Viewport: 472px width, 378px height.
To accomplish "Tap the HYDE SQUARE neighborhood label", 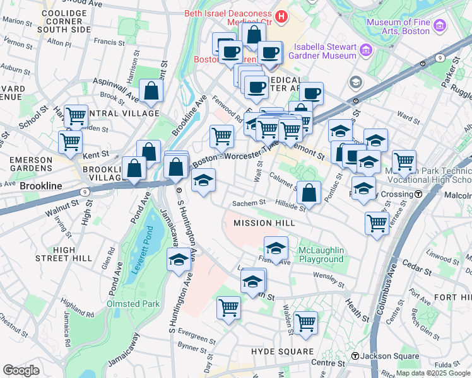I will click(x=282, y=351).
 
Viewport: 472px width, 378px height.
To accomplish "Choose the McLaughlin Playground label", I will click(x=321, y=255).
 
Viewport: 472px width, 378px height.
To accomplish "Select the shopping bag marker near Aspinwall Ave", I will click(x=151, y=91).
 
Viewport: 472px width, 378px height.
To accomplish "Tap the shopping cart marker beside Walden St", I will click(x=305, y=322).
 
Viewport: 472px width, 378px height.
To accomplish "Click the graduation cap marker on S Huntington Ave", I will click(x=179, y=260).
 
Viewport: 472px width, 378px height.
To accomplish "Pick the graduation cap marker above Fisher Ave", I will click(x=276, y=247).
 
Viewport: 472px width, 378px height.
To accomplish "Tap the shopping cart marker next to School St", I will click(x=76, y=116).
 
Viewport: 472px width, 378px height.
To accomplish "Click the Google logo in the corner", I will click(x=21, y=370).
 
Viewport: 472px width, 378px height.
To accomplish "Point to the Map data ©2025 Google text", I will click(x=432, y=373).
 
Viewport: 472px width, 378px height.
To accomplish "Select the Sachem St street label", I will click(x=245, y=203).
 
